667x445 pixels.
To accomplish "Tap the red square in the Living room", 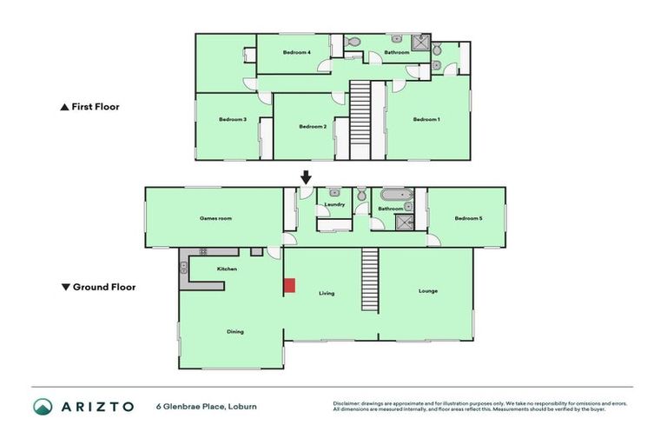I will (x=289, y=285).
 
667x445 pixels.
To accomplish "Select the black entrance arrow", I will (x=306, y=177).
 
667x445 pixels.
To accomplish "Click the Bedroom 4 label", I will (x=297, y=52).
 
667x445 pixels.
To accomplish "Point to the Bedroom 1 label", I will (x=426, y=119).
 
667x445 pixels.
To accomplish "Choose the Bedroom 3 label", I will (x=233, y=119).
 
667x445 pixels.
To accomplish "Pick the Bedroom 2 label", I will (x=312, y=127).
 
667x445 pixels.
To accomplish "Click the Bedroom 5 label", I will (x=468, y=218).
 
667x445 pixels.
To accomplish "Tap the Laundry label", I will (x=334, y=205).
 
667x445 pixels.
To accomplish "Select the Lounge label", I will (x=427, y=290).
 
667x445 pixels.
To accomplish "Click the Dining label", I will (x=234, y=331).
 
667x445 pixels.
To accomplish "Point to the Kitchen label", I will (x=228, y=269).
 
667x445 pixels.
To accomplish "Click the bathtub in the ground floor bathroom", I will (x=390, y=194).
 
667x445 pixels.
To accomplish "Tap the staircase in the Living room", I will (x=371, y=280).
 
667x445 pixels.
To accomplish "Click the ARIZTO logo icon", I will (x=43, y=407).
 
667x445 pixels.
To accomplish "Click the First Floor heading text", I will (x=95, y=107).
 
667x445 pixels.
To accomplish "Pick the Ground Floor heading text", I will (x=103, y=287).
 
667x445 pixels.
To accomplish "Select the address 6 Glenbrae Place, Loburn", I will (x=206, y=406).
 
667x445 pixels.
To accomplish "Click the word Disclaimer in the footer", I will (x=349, y=403).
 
